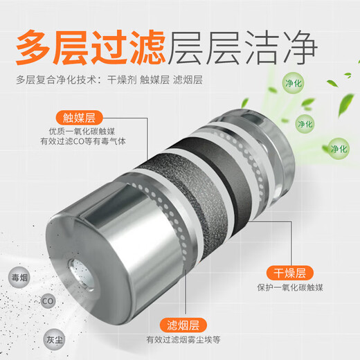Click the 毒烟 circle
pos(19,277)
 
